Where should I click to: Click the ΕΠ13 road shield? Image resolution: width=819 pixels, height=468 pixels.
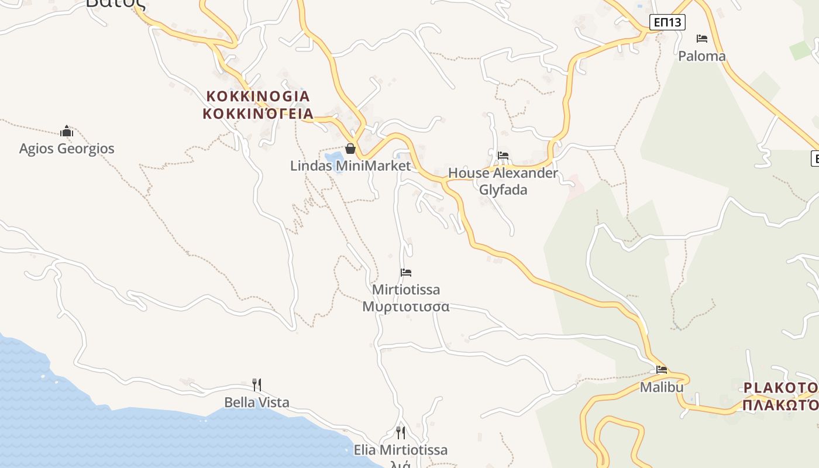667,23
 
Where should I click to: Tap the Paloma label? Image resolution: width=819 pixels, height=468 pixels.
701,56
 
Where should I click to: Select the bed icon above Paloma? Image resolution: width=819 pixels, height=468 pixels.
702,39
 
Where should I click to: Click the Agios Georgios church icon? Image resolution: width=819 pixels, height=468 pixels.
67,131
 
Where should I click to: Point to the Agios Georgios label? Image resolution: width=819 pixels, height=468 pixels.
67,149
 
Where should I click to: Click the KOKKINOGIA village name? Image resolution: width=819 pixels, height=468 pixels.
257,96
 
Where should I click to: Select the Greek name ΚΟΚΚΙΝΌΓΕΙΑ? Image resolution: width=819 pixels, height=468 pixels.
258,113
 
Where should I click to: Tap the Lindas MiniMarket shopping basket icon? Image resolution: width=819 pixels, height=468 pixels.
350,149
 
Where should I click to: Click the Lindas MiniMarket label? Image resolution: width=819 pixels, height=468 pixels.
350,166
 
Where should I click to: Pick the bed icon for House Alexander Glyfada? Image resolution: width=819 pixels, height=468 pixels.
503,156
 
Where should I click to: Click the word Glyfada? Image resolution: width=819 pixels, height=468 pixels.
503,190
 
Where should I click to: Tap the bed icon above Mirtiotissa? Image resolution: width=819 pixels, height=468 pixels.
406,273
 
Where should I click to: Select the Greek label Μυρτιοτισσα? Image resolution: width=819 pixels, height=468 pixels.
405,307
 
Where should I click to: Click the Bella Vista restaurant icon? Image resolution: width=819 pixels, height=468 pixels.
256,384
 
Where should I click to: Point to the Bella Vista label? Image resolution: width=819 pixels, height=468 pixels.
257,402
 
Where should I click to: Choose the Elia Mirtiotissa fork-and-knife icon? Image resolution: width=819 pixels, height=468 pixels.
401,433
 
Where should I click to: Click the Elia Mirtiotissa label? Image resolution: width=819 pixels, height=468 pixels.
401,450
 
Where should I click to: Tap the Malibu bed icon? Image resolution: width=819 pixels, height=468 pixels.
662,370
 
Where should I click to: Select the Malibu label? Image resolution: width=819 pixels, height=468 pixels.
662,387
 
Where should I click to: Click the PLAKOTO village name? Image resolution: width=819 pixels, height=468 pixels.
780,387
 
